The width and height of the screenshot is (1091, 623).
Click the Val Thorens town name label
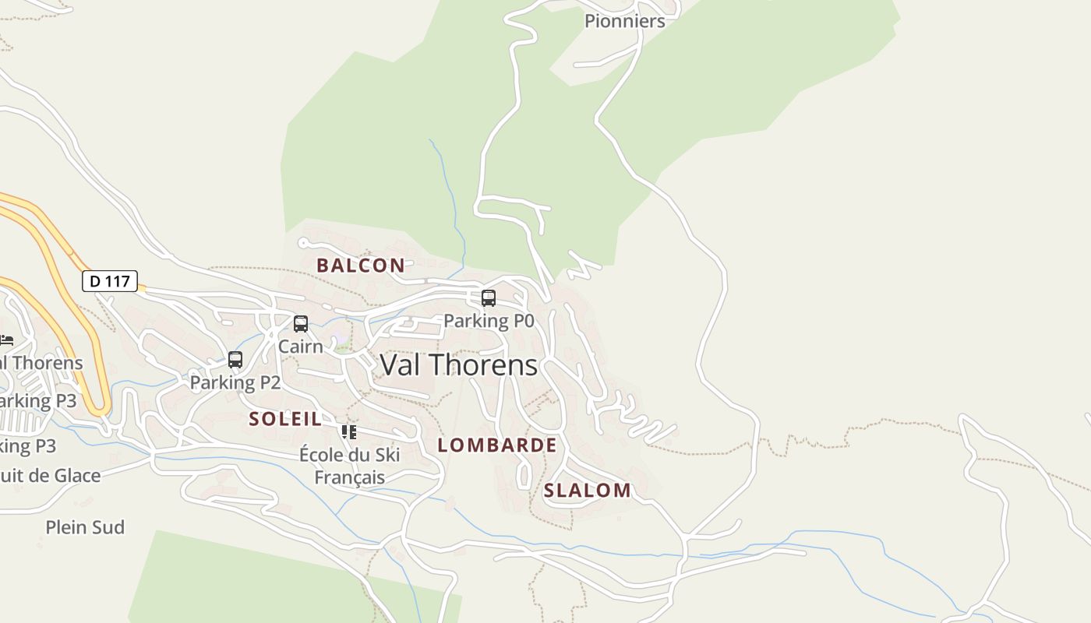point(458,364)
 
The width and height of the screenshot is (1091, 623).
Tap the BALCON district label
point(361,266)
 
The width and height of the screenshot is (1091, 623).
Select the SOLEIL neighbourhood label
point(285,419)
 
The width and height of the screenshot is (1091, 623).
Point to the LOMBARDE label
point(497,445)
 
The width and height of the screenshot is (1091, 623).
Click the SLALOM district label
point(587,491)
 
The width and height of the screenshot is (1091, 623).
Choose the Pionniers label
point(624,21)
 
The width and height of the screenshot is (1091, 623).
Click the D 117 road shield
point(110,281)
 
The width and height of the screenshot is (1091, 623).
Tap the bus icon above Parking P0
point(489,298)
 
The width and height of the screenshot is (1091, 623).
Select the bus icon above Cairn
point(301,324)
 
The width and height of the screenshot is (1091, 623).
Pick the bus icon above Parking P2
point(235,360)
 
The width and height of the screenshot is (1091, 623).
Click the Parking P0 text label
point(489,321)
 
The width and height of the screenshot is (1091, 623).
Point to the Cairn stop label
point(301,347)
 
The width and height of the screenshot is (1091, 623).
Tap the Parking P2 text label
point(235,382)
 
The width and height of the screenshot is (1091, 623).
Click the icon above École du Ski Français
point(348,431)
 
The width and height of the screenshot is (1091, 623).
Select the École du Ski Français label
point(350,466)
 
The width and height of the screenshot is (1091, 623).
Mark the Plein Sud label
point(85,527)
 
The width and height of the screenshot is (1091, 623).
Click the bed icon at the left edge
point(6,340)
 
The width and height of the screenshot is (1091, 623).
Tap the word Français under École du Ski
point(350,477)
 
